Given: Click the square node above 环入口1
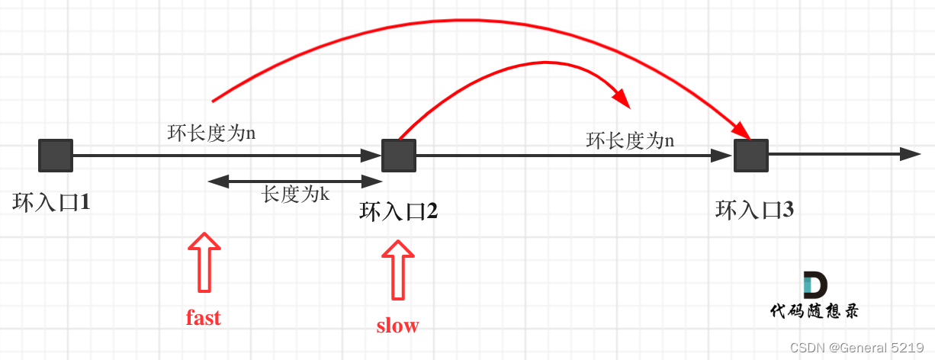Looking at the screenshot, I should [x=56, y=155].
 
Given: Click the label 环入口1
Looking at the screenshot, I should [x=51, y=203].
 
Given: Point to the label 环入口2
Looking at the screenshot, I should [x=398, y=211].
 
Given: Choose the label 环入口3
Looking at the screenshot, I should [x=755, y=210].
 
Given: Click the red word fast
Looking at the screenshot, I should [x=203, y=317].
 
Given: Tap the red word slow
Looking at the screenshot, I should [x=397, y=326].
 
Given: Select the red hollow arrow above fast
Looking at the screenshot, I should [x=204, y=262].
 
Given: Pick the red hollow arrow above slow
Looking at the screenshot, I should [x=398, y=269].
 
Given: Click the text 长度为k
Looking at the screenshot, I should [x=295, y=194].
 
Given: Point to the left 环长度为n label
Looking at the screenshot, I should [x=211, y=133].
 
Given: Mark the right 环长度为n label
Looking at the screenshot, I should [x=630, y=140].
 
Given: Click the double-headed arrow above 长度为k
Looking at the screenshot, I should [x=294, y=182].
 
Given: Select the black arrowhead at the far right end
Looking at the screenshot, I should [x=911, y=154].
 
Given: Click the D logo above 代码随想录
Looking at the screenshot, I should [x=815, y=285].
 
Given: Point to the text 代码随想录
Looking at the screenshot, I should [x=815, y=310].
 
